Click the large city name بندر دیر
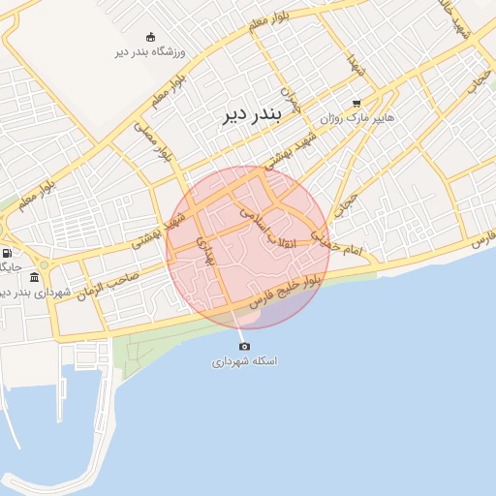pyautogui.click(x=243, y=116)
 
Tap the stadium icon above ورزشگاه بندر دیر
pyautogui.click(x=150, y=36)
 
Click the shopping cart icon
pyautogui.click(x=356, y=103)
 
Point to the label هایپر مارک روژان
pyautogui.click(x=355, y=117)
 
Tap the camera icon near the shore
pyautogui.click(x=244, y=347)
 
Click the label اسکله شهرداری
pyautogui.click(x=244, y=361)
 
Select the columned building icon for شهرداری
pyautogui.click(x=35, y=278)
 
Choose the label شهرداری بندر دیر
pyautogui.click(x=29, y=292)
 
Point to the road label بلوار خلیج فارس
pyautogui.click(x=284, y=292)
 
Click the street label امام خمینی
pyautogui.click(x=334, y=240)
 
